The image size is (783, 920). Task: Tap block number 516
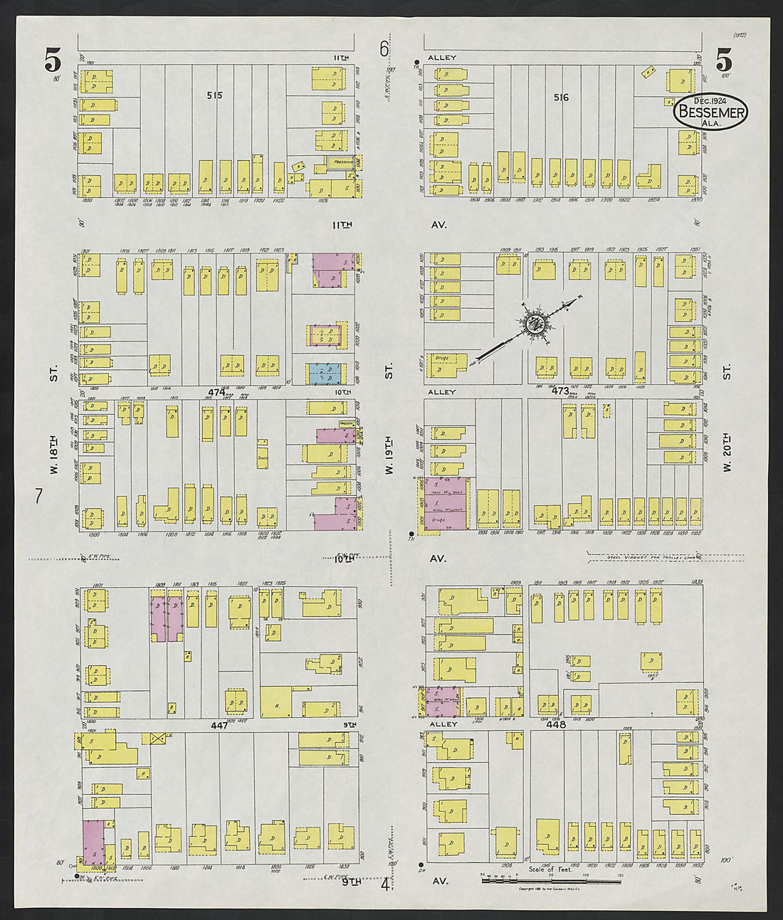tap(561, 97)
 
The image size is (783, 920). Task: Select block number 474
tap(216, 392)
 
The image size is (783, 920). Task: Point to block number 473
tap(560, 391)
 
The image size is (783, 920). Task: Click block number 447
tap(218, 724)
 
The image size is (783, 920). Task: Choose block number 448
tap(556, 724)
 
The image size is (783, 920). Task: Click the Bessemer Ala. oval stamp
tap(710, 112)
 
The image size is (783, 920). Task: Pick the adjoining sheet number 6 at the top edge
tap(384, 49)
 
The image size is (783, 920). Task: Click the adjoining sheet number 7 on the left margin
tap(40, 496)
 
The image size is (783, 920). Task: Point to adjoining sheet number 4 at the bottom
tap(385, 884)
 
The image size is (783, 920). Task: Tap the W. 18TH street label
tap(54, 441)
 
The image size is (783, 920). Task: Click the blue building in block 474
tap(324, 373)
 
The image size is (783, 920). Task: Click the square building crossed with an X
tap(157, 738)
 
